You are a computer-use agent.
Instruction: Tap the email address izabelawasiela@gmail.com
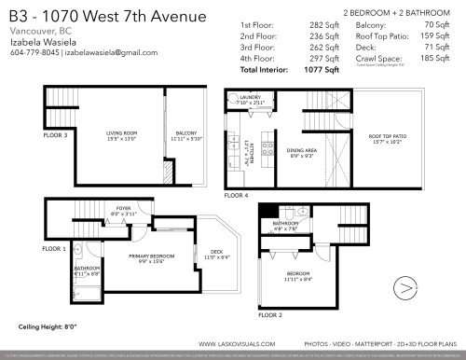pos(115,53)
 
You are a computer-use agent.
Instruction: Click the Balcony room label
pos(185,134)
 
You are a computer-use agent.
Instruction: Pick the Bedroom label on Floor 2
pos(298,274)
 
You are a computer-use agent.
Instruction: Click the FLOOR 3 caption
pos(55,135)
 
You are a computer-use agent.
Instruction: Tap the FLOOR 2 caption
pos(269,315)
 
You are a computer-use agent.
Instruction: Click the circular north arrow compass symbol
pos(406,289)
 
